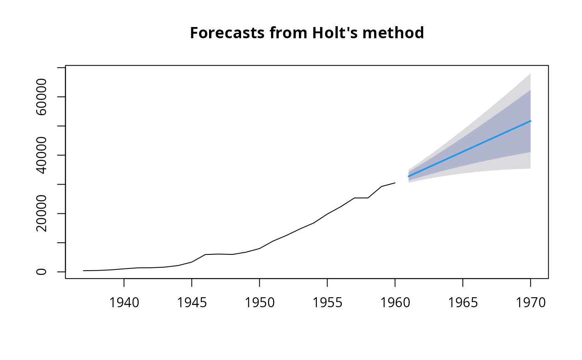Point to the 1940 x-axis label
point(124,303)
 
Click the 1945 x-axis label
point(192,303)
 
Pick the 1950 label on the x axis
point(259,303)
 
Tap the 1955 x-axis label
point(327,303)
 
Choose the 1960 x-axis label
point(395,303)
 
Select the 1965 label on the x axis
point(463,303)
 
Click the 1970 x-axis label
point(530,303)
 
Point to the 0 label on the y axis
point(42,272)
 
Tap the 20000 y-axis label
point(42,214)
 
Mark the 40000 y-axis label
point(42,155)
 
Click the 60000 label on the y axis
point(42,97)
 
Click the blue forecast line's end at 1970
point(530,121)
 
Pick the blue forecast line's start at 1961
point(409,176)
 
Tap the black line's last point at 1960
point(395,183)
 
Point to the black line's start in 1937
point(84,271)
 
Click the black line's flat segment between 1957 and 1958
point(361,198)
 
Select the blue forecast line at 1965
point(463,152)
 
